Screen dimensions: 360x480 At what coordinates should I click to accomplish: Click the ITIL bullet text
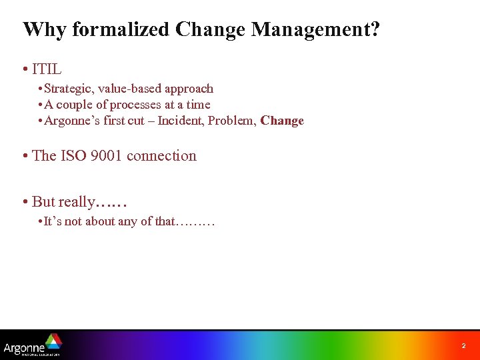tap(47, 69)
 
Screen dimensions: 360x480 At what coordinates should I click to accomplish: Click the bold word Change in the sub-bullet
tap(282, 121)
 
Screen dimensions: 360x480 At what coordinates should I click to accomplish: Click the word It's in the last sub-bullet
tap(52, 221)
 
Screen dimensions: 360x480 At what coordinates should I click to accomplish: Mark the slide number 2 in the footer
tap(463, 346)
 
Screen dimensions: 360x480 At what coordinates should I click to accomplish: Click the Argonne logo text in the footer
tap(24, 347)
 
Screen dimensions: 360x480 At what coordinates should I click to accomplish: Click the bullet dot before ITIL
tap(24, 69)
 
